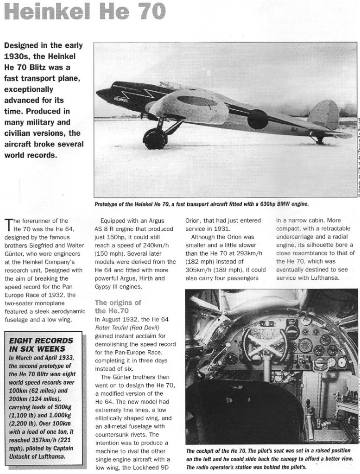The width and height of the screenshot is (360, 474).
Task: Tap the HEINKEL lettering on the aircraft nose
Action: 121,99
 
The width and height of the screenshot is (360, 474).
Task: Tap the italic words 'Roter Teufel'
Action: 113,328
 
